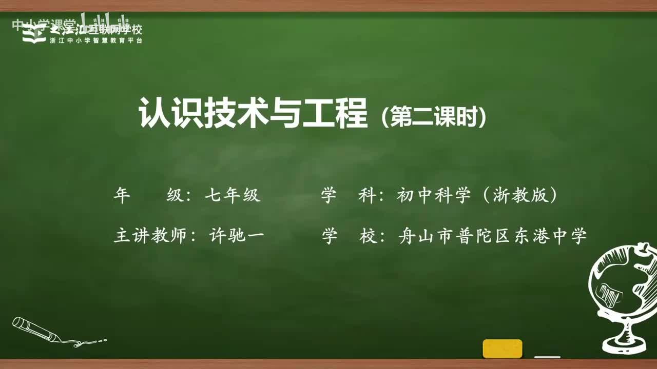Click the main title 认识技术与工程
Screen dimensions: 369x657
coord(253,114)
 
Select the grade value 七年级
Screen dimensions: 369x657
coord(233,195)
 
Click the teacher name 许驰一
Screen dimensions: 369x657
coord(237,236)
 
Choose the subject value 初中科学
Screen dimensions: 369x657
coord(434,195)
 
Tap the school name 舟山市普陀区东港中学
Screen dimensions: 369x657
coord(492,236)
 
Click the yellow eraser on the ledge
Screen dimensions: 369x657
coord(502,348)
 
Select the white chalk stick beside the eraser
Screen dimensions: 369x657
coord(547,357)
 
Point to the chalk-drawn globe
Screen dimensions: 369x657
coord(621,287)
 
